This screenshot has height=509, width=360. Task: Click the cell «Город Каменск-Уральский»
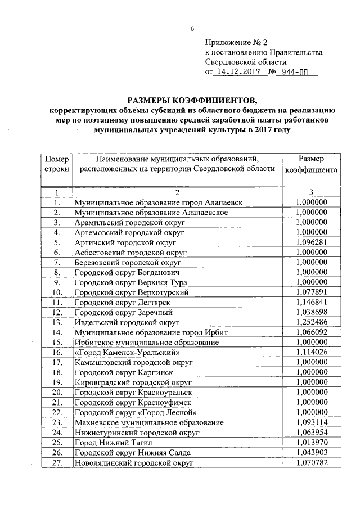127,352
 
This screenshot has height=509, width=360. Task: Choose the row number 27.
56,462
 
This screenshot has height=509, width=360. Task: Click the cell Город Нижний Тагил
110,443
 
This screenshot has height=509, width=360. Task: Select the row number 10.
56,292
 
